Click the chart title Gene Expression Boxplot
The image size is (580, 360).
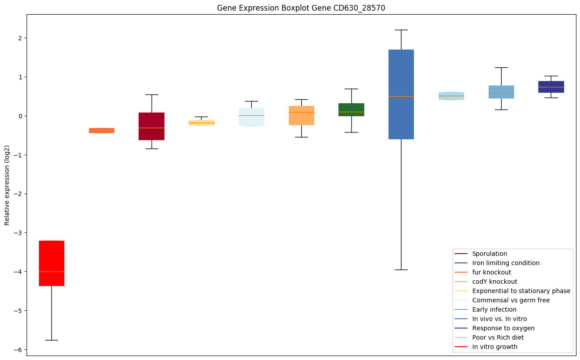click(298, 8)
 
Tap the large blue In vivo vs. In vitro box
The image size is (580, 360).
click(401, 94)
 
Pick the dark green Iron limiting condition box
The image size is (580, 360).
click(351, 110)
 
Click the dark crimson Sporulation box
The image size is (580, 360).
click(152, 126)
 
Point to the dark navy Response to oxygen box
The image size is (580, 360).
click(551, 87)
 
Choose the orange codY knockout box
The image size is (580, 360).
click(301, 115)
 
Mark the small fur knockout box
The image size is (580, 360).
click(101, 130)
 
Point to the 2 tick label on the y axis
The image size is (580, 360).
click(19, 38)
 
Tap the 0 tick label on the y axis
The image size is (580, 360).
click(19, 116)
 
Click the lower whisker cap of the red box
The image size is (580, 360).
click(51, 340)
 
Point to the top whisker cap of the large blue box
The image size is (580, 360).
click(401, 30)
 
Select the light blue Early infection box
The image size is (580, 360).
click(501, 92)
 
